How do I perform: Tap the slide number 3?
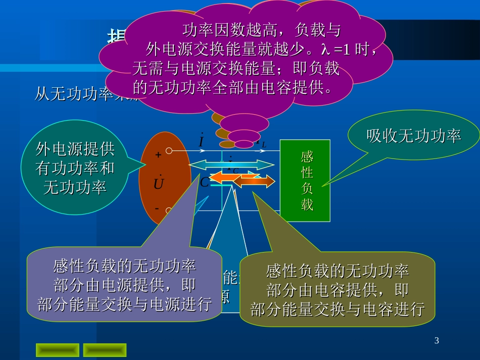point(437,341)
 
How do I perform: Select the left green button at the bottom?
point(57,350)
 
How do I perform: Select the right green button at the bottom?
point(105,350)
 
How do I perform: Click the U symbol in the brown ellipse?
point(159,184)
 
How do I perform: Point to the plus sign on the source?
point(158,156)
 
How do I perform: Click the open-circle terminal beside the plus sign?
point(169,150)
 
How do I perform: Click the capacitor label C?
point(204,182)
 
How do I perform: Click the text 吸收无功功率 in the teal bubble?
point(413,136)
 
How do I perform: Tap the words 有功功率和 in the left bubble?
point(75,168)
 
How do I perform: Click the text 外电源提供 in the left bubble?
point(75,149)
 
